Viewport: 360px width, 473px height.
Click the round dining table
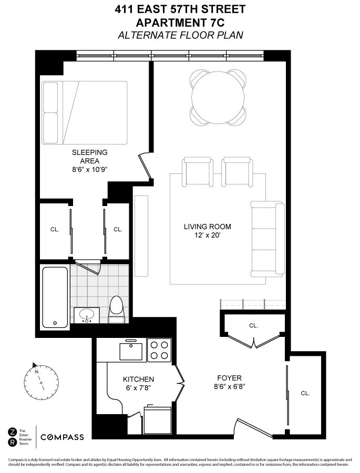pos(218,97)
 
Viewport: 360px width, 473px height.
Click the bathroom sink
pos(86,315)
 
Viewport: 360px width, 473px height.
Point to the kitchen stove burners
pos(160,350)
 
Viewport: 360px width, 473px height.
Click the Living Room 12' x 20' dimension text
pos(207,236)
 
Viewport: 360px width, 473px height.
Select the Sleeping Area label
pos(90,156)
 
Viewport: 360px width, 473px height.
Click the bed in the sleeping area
pos(85,112)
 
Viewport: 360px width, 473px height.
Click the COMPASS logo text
pos(62,437)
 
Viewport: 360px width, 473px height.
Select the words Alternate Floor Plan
pos(180,35)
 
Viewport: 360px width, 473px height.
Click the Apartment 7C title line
pos(180,23)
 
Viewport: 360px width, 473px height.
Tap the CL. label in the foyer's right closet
pos(305,393)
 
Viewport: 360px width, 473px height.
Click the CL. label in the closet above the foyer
pos(253,325)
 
